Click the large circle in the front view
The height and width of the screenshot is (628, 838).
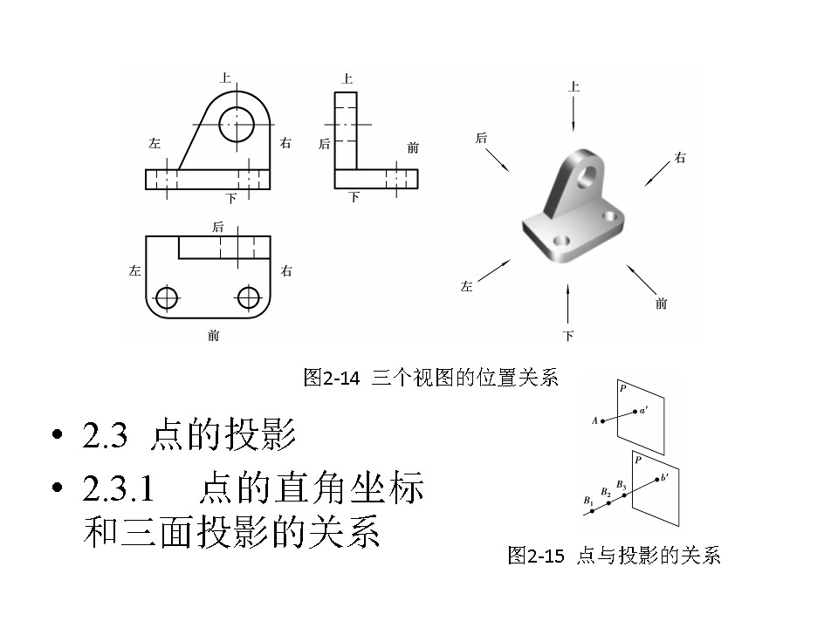[x=236, y=125]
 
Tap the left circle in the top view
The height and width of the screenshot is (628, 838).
[x=167, y=297]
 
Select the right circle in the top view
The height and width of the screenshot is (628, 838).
[x=249, y=297]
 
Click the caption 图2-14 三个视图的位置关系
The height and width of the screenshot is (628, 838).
[x=429, y=378]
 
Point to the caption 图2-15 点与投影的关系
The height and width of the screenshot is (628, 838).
[x=614, y=556]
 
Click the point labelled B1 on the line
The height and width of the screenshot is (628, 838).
[x=592, y=511]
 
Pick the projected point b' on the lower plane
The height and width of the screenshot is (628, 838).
[x=656, y=479]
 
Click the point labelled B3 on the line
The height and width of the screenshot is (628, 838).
[x=624, y=495]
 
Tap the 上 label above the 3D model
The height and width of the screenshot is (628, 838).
[x=574, y=86]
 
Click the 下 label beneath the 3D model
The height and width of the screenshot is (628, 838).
[x=568, y=336]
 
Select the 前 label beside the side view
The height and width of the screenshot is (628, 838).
[x=413, y=147]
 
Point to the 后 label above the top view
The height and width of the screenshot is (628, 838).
[x=217, y=227]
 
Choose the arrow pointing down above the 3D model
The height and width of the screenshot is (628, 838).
[x=574, y=113]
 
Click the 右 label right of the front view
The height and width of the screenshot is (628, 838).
[x=285, y=143]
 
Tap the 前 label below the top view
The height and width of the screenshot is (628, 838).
[x=213, y=335]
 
